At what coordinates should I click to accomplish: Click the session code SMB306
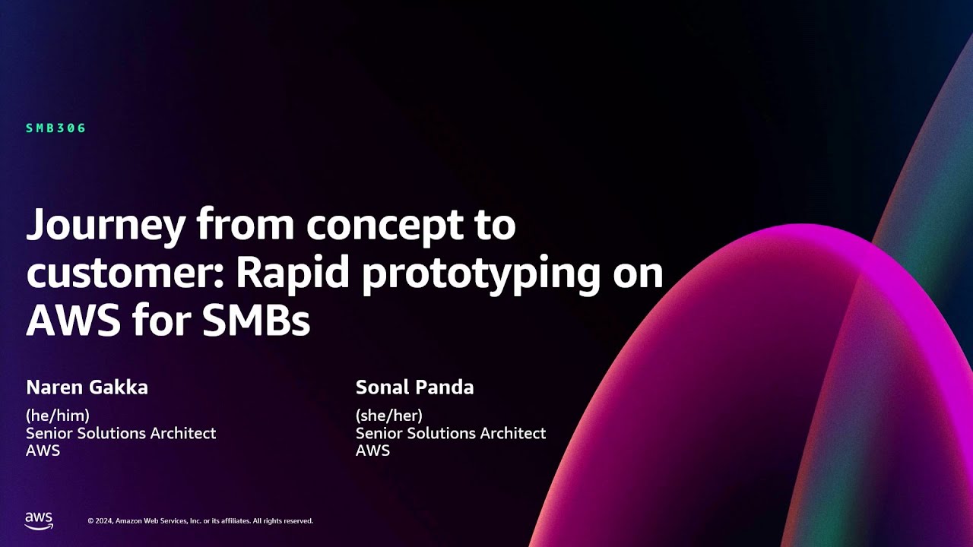coord(56,128)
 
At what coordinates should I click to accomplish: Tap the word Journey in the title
coord(106,226)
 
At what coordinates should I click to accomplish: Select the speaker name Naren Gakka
coord(87,387)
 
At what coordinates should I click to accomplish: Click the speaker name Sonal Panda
coord(414,387)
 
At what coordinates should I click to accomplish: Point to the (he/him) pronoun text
coord(58,416)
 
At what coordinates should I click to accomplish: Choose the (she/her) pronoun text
coord(388,416)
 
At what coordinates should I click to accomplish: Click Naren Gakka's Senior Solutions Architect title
coord(121,433)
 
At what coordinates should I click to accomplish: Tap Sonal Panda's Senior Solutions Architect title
coord(451,433)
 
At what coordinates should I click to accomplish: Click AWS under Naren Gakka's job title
coord(43,451)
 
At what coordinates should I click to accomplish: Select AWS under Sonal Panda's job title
coord(372,451)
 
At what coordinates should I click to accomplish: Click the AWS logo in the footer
coord(39,520)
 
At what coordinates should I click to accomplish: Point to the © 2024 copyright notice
coord(200,521)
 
